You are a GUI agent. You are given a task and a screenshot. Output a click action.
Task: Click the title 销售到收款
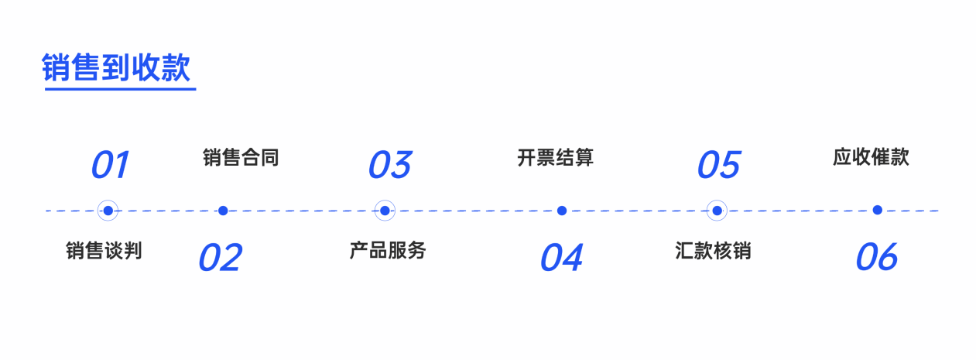[x=116, y=67]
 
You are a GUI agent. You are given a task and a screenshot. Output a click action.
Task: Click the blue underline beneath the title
[x=120, y=89]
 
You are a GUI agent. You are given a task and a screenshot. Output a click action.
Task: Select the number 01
[x=110, y=165]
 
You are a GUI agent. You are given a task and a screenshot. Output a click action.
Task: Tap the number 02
[x=220, y=258]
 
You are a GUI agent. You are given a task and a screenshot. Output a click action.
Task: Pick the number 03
[x=390, y=165]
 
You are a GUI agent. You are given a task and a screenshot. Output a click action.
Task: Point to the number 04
[x=561, y=258]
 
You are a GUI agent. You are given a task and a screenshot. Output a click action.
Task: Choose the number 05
[x=719, y=165]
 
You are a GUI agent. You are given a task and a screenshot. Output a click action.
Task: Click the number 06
[x=877, y=257]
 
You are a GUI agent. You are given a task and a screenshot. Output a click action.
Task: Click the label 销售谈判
[x=104, y=251]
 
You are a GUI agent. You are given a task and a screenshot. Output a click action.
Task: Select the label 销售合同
[x=241, y=157]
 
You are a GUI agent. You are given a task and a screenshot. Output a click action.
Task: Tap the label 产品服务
[x=388, y=251]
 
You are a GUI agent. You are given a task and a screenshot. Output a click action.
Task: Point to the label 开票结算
[x=555, y=157]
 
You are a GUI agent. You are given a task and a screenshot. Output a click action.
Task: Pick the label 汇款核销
[x=713, y=251]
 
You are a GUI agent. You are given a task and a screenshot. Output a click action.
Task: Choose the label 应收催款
[x=871, y=157]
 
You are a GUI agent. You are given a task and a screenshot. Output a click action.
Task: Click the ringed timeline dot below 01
[x=108, y=211]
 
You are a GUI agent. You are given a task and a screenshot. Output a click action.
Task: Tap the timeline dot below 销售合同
[x=223, y=211]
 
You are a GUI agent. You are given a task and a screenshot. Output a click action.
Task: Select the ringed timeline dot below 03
[x=385, y=211]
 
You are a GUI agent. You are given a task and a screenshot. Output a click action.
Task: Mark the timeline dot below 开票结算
[x=562, y=211]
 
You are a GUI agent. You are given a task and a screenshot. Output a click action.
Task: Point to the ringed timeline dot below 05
[x=717, y=211]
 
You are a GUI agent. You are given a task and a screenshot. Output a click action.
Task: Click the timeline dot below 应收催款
[x=878, y=210]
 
